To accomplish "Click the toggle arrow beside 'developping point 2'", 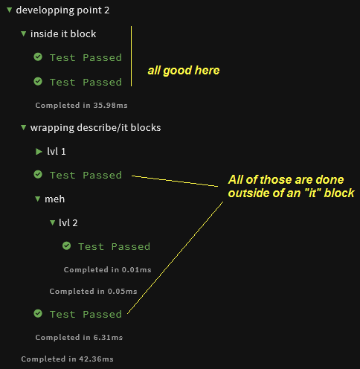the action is [10, 10].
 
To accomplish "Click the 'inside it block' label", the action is [63, 33].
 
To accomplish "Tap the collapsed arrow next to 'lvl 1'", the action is [39, 151].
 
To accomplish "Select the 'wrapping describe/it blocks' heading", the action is [95, 127].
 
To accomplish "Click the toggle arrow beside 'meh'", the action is [38, 199].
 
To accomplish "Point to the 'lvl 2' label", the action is [68, 222].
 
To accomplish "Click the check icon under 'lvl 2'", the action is [66, 246].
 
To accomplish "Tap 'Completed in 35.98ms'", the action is [81, 105].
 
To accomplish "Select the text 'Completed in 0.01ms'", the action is [107, 269].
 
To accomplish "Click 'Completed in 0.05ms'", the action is [93, 291].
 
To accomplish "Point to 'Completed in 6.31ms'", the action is [79, 337].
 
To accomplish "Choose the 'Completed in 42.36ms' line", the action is [67, 359].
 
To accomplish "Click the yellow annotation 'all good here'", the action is [184, 71].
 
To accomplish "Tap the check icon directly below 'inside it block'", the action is [38, 57].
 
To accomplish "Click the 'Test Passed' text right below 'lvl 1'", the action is [86, 175].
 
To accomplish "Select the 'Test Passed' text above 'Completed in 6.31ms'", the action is [86, 314].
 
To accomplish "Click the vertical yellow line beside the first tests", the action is [131, 57].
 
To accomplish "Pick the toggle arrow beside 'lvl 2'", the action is [52, 222].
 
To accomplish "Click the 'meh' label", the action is [54, 199].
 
